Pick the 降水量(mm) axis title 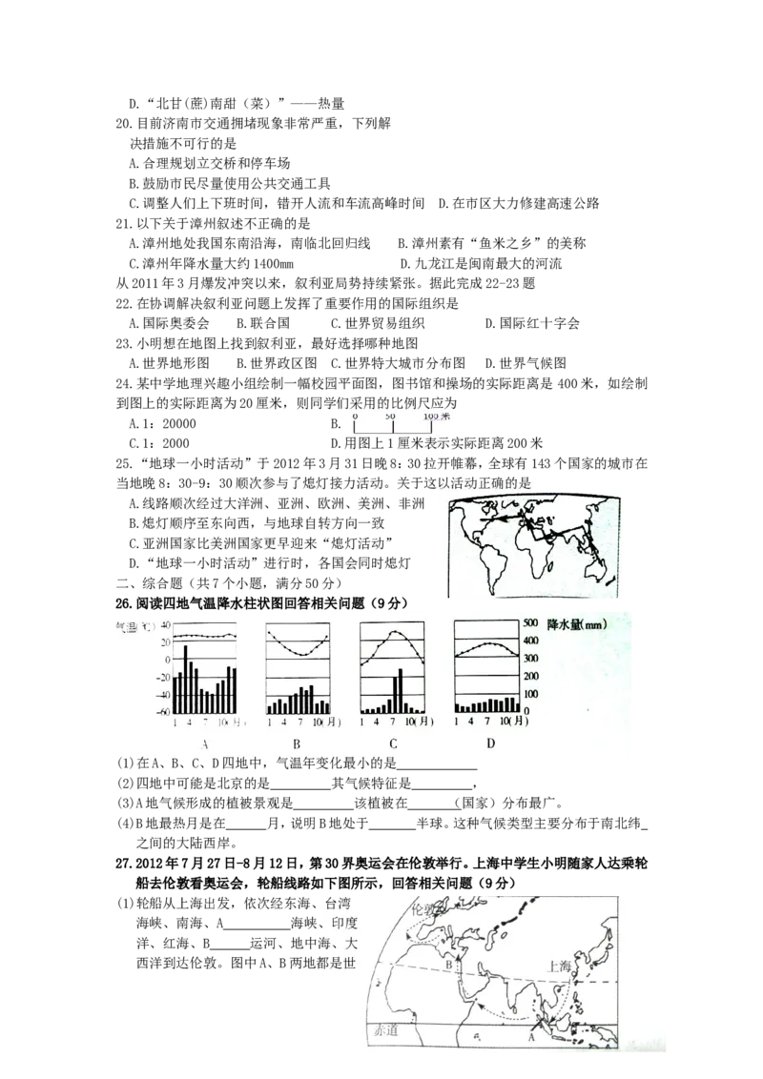point(577,622)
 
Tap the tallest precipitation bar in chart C point(400,690)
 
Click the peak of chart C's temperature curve point(394,631)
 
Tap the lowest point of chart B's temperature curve point(298,655)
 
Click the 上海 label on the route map point(559,966)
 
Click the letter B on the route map point(450,966)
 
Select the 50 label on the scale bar point(390,417)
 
